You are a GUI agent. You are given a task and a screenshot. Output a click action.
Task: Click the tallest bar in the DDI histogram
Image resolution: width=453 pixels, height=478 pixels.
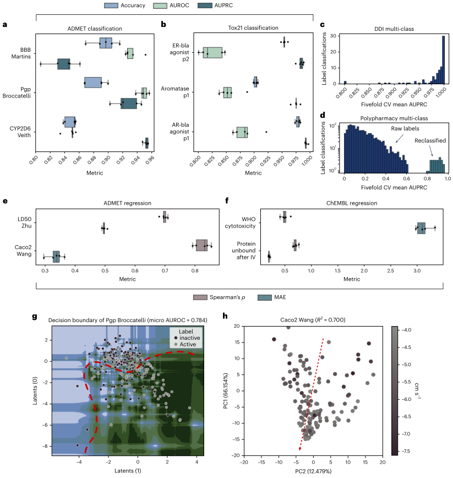[x=444, y=61]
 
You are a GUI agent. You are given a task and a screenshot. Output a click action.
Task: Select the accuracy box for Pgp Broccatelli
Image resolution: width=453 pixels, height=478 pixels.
[x=93, y=82]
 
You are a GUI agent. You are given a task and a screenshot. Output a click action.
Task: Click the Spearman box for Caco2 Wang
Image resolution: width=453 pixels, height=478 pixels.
[x=201, y=246]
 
